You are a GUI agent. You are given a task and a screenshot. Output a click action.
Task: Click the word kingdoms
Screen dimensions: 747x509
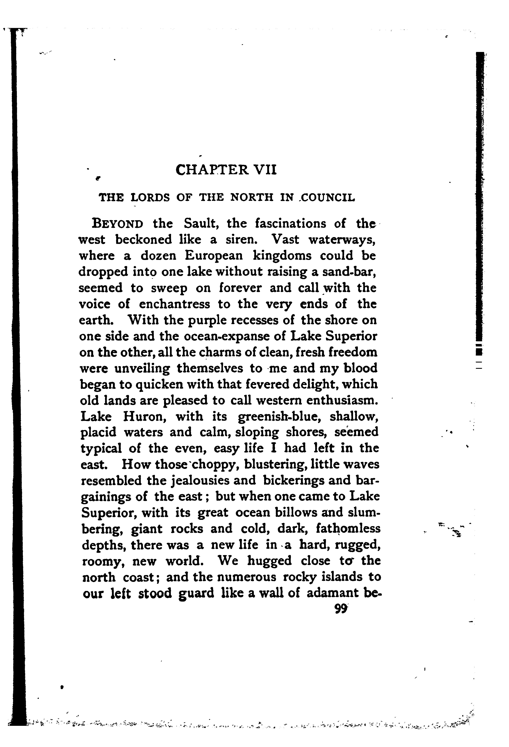point(282,256)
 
